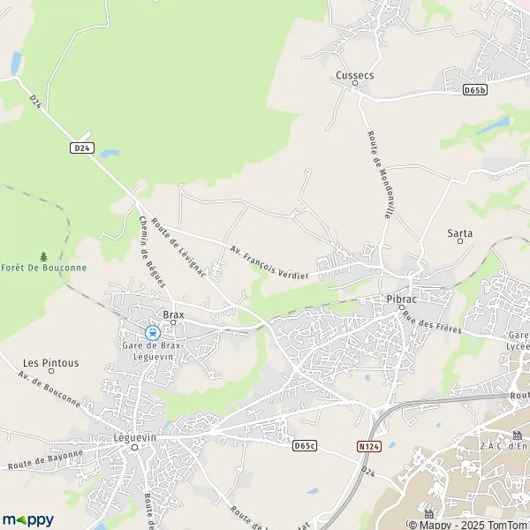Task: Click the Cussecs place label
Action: coord(354,75)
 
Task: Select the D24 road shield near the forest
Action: coord(81,148)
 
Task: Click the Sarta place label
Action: coord(459,233)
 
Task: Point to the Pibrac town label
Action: coord(401,299)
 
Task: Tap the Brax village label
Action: coord(172,314)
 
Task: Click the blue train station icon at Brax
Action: coord(152,333)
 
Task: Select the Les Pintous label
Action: coord(50,362)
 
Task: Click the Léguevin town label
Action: coord(133,436)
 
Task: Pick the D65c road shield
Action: coord(303,445)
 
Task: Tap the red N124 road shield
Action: coord(368,447)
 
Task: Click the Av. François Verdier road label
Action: coord(269,262)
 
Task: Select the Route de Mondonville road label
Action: coord(381,174)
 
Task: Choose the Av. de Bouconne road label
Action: coord(49,389)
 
